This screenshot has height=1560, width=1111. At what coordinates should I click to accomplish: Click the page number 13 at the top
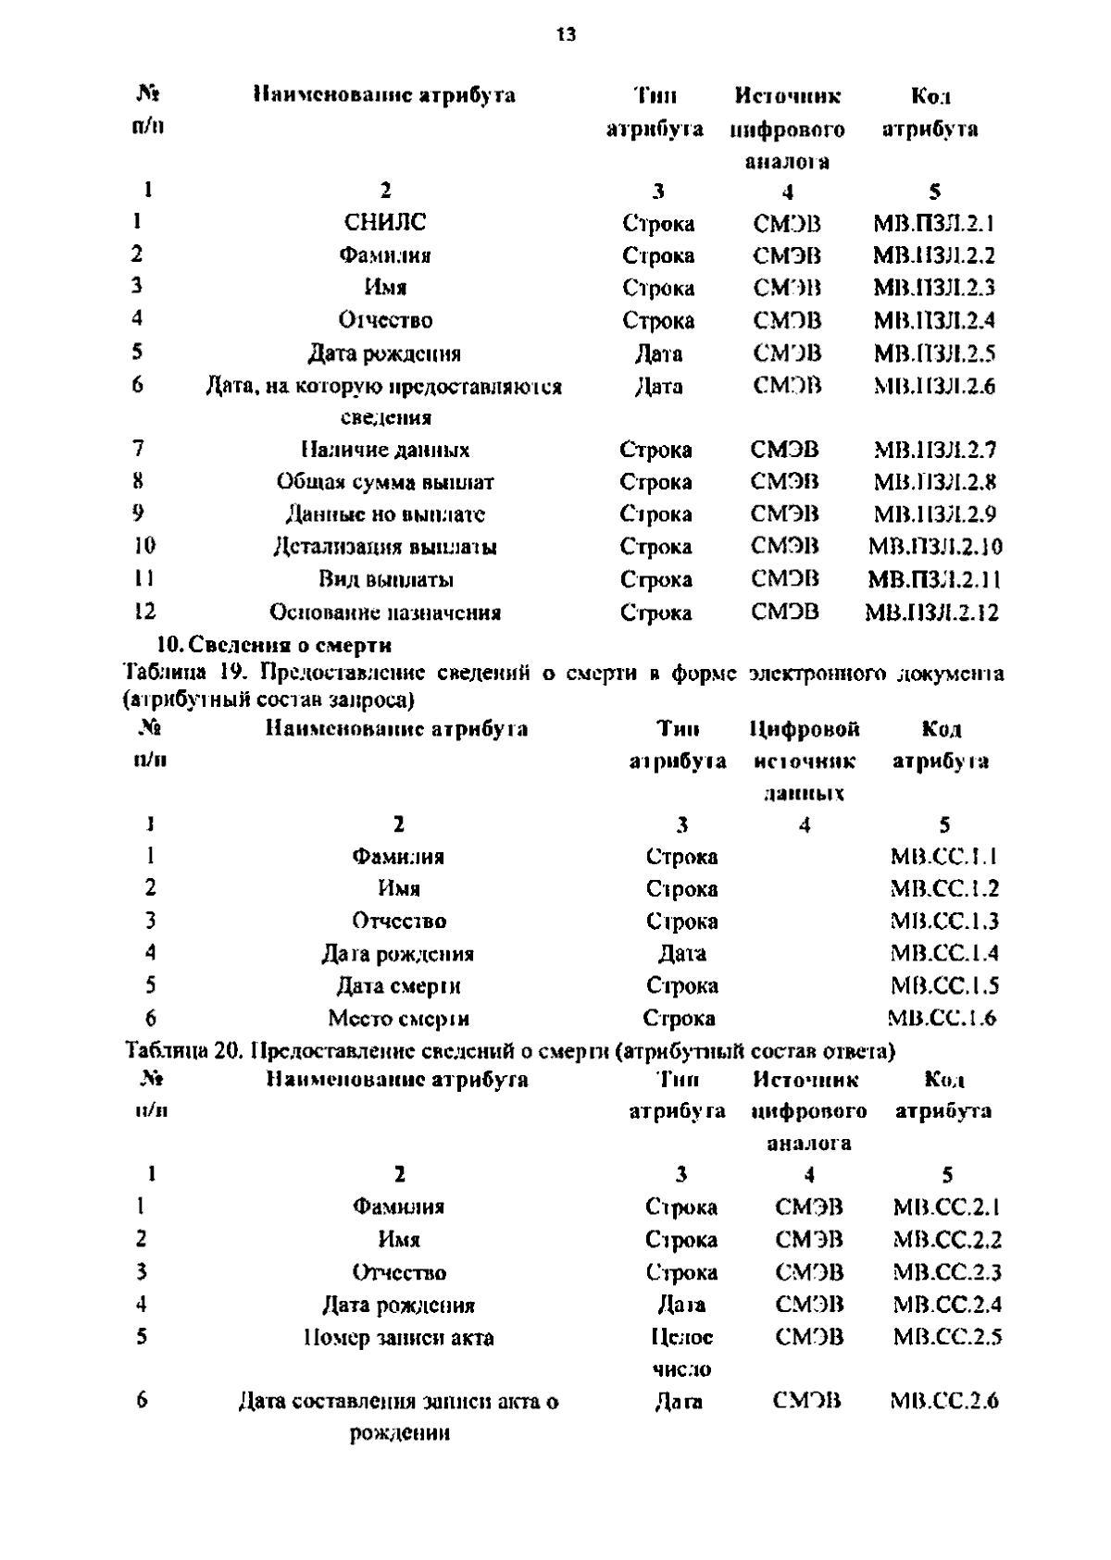[566, 35]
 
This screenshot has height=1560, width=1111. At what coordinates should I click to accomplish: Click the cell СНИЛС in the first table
[385, 222]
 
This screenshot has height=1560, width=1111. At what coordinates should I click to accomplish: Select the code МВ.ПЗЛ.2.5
[934, 353]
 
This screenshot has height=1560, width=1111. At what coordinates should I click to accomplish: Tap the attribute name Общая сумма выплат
[385, 482]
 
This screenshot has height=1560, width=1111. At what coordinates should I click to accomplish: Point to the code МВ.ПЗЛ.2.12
[932, 613]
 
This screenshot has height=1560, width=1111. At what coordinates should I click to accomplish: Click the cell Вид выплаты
[386, 580]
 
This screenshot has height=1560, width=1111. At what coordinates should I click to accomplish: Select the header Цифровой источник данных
[805, 761]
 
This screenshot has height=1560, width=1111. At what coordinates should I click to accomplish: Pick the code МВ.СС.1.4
[944, 953]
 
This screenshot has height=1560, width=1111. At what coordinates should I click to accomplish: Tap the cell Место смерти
[399, 1019]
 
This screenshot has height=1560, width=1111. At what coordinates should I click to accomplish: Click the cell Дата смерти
[398, 986]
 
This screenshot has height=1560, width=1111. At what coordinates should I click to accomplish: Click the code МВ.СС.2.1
[947, 1207]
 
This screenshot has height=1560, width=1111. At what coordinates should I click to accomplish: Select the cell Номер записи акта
[399, 1338]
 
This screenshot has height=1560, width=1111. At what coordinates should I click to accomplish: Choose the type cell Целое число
[682, 1353]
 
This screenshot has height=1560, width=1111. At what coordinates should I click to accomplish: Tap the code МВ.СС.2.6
[944, 1402]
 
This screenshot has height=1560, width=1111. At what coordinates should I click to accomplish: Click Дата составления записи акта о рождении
[399, 1418]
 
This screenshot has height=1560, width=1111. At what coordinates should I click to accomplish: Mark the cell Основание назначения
[385, 613]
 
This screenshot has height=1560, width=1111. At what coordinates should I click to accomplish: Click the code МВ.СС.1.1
[943, 857]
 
